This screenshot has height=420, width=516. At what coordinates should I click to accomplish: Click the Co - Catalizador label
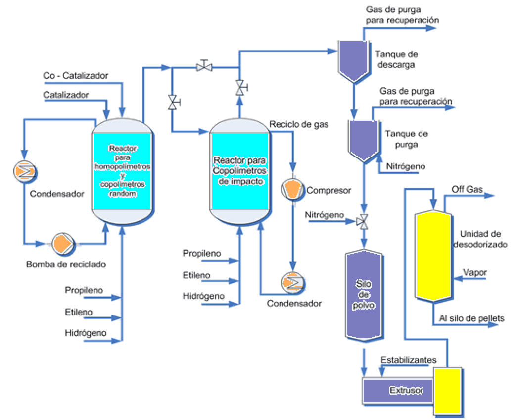[75, 76]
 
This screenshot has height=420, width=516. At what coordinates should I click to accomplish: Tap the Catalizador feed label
[66, 94]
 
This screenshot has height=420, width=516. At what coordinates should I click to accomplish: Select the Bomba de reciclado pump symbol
[63, 243]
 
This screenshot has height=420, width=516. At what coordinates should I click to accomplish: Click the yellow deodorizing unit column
[434, 256]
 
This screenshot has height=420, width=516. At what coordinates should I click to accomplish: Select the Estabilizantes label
[408, 360]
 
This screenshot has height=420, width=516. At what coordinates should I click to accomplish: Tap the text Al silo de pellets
[471, 318]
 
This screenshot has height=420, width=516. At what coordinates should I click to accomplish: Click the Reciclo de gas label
[299, 124]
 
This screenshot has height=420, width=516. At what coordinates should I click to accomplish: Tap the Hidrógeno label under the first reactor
[86, 333]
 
